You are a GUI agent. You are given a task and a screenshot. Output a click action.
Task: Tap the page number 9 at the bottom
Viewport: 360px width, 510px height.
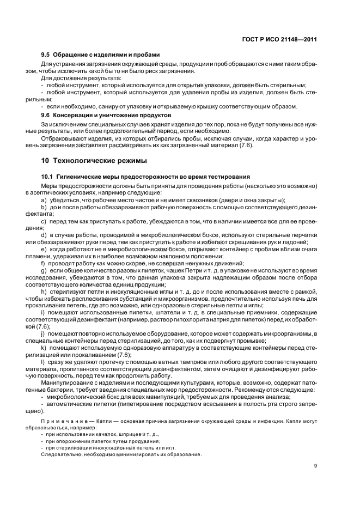click(x=315, y=466)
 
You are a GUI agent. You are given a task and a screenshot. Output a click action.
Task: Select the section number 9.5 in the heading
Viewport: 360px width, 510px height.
click(x=46, y=54)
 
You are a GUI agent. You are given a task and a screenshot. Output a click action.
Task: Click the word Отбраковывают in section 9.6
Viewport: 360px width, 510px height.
click(x=64, y=139)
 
